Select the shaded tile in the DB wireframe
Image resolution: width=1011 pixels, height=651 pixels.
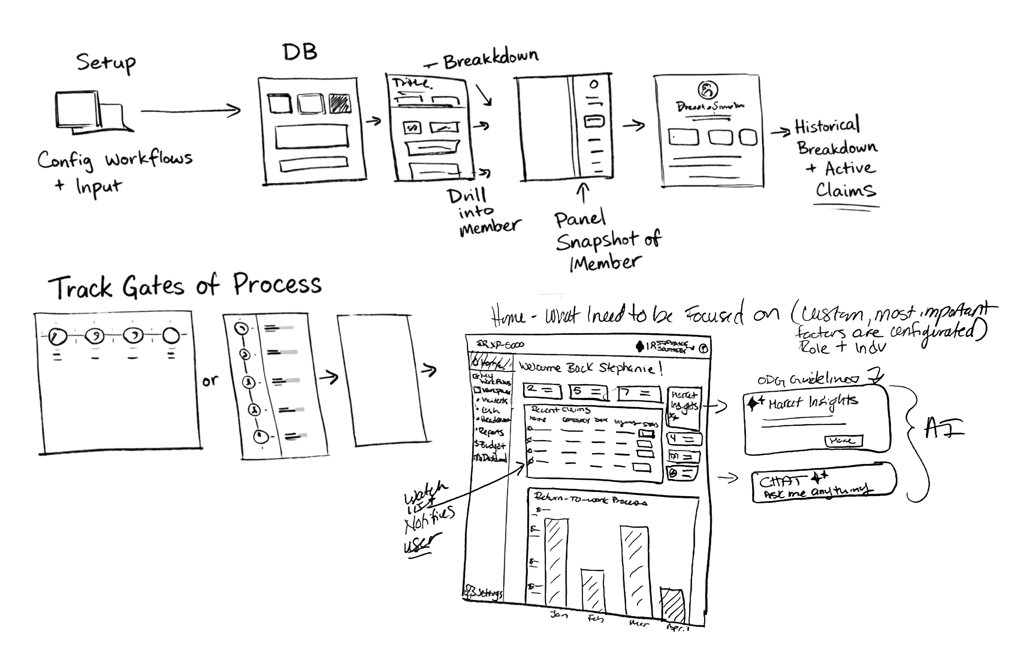[x=339, y=104]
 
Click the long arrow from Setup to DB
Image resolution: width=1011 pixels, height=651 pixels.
[x=190, y=111]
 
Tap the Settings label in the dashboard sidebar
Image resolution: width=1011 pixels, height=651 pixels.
[x=486, y=593]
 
